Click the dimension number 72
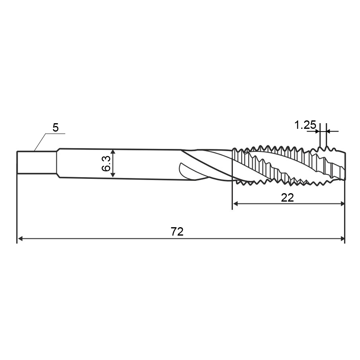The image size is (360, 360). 177,232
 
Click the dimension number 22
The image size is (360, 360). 287,198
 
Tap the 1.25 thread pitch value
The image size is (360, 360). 305,125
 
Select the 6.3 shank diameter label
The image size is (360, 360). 106,164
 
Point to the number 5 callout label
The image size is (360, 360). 56,128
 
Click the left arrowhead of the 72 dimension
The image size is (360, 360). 20,239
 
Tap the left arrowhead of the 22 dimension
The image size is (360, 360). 236,204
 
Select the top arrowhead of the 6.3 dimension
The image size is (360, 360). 113,151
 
